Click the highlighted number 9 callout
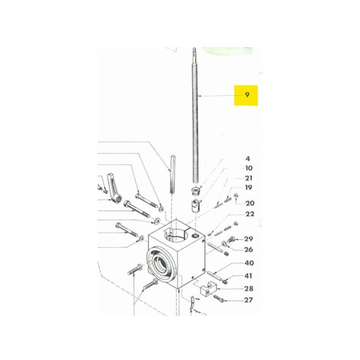coord(247,94)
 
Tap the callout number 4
coord(247,159)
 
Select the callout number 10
coord(249,168)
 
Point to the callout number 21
coord(249,178)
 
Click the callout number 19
coord(248,188)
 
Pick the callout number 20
coord(250,203)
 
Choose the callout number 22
coord(250,214)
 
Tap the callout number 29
coord(248,239)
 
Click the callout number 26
coord(248,249)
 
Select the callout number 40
coord(249,263)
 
